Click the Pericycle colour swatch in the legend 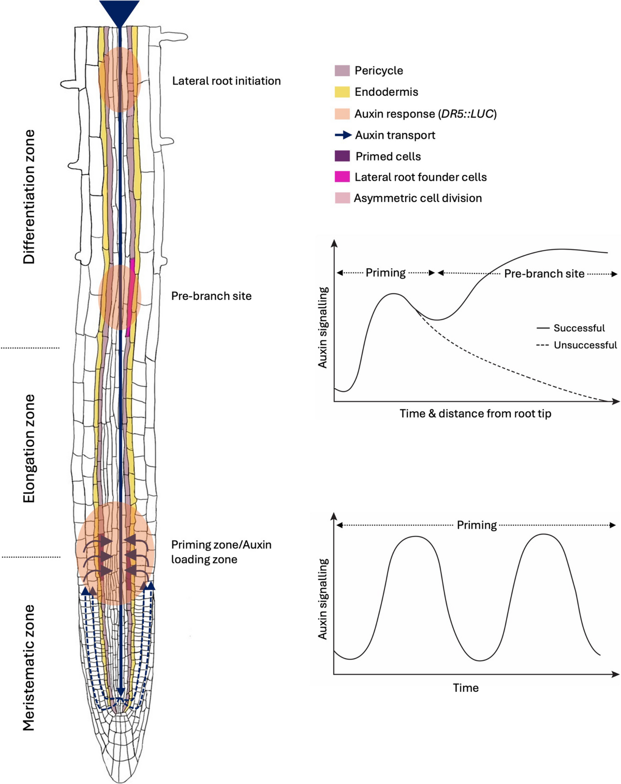pos(342,70)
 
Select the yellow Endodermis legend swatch pos(342,92)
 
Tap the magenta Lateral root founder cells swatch pos(342,177)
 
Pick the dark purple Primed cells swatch pos(342,156)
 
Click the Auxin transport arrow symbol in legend pos(343,135)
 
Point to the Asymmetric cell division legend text pos(418,198)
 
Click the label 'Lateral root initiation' pos(226,81)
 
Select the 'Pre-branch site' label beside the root pos(211,296)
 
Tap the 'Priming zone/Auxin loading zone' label pos(221,552)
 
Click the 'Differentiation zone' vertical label pos(29,197)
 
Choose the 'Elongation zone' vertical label pos(29,448)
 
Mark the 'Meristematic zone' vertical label pos(29,667)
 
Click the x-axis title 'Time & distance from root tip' pos(475,414)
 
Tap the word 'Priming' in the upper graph pos(386,273)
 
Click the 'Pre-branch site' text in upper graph pos(544,274)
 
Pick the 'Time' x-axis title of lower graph pos(466,688)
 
